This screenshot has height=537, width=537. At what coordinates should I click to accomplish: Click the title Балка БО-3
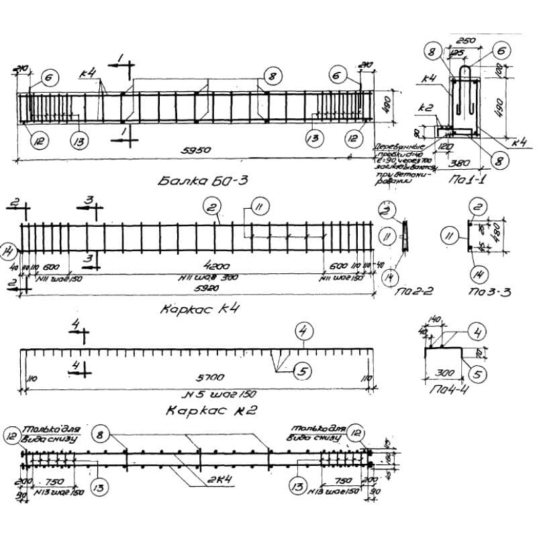[196, 180]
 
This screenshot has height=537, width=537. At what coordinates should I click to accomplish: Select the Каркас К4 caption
[199, 309]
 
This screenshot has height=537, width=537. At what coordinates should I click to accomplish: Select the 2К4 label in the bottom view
[199, 481]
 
